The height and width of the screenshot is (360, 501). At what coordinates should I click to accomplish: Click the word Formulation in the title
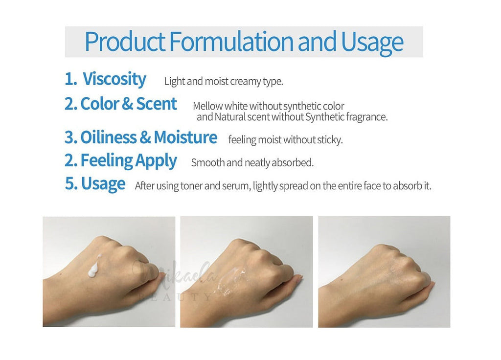[x=231, y=42]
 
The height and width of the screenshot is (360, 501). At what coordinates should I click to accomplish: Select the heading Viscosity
[x=114, y=79]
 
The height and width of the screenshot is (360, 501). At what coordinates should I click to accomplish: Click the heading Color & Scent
[x=129, y=104]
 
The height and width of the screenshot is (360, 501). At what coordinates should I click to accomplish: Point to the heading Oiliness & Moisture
[x=149, y=137]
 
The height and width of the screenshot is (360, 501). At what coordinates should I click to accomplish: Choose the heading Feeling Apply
[x=129, y=161]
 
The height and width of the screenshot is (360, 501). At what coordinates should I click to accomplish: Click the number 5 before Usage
[x=69, y=183]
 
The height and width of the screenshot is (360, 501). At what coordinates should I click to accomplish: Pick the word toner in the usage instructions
[x=191, y=185]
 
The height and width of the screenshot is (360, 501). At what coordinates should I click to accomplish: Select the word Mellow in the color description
[x=207, y=106]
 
